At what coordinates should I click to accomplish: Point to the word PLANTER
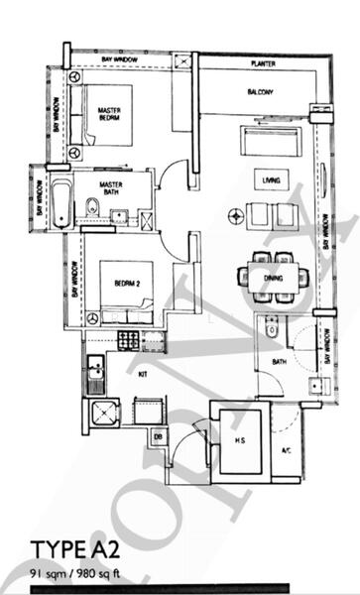point(263,63)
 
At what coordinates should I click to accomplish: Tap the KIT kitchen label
point(141,374)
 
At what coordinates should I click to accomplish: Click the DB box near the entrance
point(159,434)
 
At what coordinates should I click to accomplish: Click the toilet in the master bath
point(90,208)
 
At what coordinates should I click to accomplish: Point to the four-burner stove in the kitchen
point(129,340)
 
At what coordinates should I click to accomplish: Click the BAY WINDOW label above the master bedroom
point(121,61)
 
